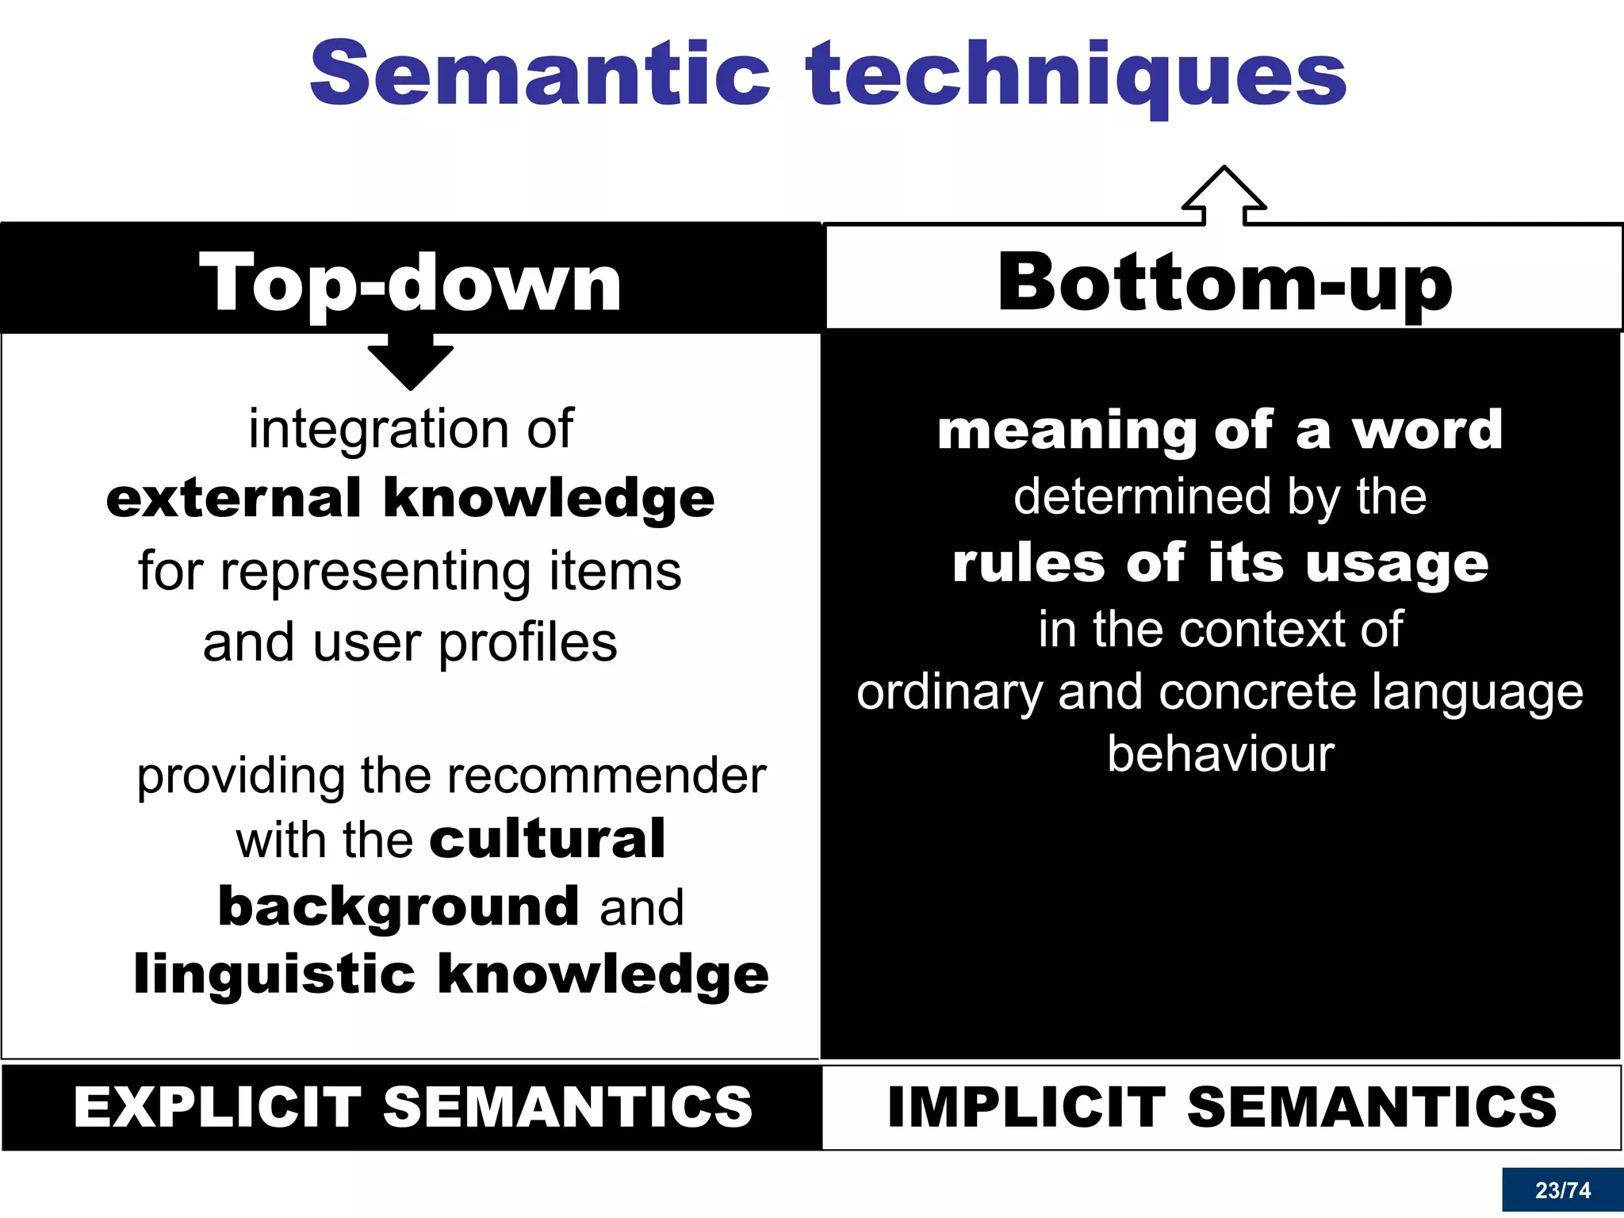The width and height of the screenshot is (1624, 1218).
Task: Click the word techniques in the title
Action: point(1076,76)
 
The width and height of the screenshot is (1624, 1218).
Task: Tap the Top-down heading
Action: point(410,284)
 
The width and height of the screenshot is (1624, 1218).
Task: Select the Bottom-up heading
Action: point(1224,284)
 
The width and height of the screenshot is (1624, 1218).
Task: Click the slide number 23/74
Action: point(1562,1190)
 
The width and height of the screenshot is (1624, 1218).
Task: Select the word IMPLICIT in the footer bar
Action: point(1026,1107)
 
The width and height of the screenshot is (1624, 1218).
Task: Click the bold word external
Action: point(234,499)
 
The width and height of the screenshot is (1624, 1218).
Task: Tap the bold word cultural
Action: point(547,840)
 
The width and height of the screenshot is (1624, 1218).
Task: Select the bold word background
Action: point(398,907)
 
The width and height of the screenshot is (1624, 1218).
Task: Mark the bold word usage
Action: point(1396,565)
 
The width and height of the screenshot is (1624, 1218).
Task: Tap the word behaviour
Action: point(1220,754)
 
